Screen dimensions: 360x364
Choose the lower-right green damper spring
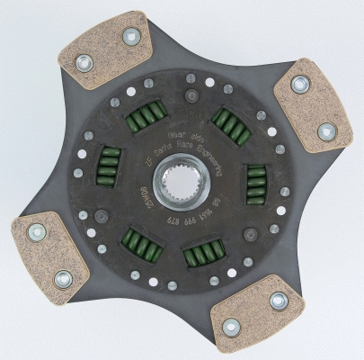(x=203, y=256)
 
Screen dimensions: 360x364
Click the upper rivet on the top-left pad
(x=131, y=37)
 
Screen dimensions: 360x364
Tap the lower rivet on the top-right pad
(x=325, y=132)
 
